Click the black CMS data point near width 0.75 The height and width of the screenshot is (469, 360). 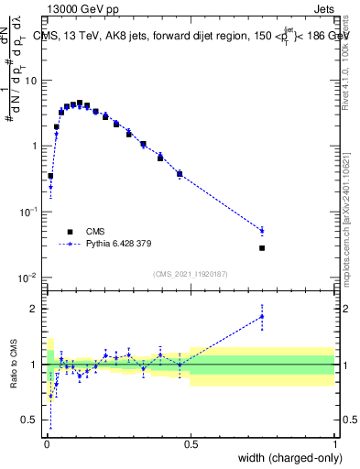click(x=262, y=248)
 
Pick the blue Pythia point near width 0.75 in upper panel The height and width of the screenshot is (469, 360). click(x=262, y=231)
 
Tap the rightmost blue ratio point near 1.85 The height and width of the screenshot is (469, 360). click(x=262, y=316)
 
